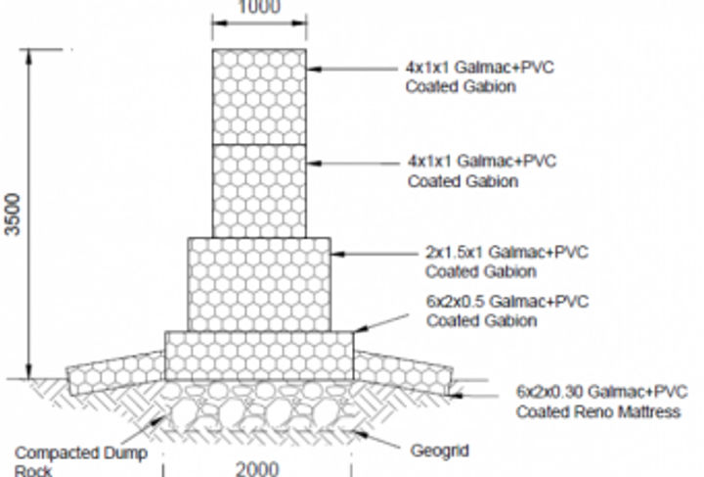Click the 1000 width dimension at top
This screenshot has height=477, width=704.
259,7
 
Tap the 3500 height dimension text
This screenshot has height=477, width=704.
13,215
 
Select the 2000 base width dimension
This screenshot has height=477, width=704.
257,470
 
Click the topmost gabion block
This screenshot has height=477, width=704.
259,97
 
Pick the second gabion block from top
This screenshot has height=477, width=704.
259,191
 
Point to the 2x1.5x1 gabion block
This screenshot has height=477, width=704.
259,285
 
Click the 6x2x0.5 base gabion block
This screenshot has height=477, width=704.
259,356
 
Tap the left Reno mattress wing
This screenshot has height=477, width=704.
115,373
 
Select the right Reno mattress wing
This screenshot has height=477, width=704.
403,373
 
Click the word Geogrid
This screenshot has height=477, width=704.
440,451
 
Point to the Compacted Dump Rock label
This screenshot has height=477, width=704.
81,461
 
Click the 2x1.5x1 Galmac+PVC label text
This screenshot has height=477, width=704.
506,252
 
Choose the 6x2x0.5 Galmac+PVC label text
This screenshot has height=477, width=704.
507,302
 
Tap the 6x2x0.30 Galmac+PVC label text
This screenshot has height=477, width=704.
601,392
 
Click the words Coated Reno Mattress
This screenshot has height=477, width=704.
598,411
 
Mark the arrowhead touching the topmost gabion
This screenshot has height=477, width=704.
314,69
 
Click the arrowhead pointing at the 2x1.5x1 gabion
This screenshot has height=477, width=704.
338,254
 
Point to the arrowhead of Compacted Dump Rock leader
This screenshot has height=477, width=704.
159,420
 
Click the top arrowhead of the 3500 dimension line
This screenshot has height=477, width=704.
28,57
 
